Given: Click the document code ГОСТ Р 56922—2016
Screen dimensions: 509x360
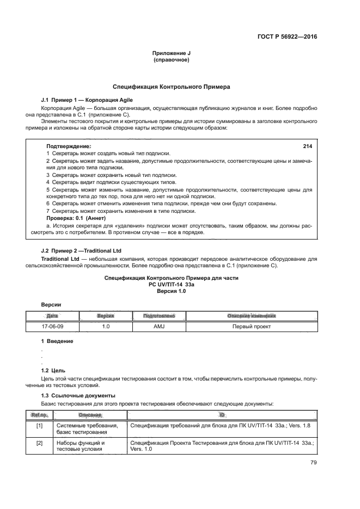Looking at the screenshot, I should coord(287,37).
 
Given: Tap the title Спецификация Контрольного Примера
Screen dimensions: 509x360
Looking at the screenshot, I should coord(172,87).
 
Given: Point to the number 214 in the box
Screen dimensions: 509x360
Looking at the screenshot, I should coord(307,146).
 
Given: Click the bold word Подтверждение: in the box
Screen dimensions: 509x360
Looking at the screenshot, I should coord(69,146).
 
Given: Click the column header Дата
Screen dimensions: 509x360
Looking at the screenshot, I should coord(53,316).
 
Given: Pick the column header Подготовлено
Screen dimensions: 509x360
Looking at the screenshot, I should coord(158,316).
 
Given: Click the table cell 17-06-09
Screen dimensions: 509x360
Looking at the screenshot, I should coord(53,327).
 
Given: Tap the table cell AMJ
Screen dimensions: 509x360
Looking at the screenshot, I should coord(158,327).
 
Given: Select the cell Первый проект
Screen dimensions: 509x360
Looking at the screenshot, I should coord(252,327).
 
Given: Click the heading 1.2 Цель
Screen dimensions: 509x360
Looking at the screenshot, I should coord(53,370).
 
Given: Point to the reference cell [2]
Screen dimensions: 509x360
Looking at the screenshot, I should coord(39,443).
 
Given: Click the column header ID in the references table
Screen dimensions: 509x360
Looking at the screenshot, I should coord(222,415).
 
